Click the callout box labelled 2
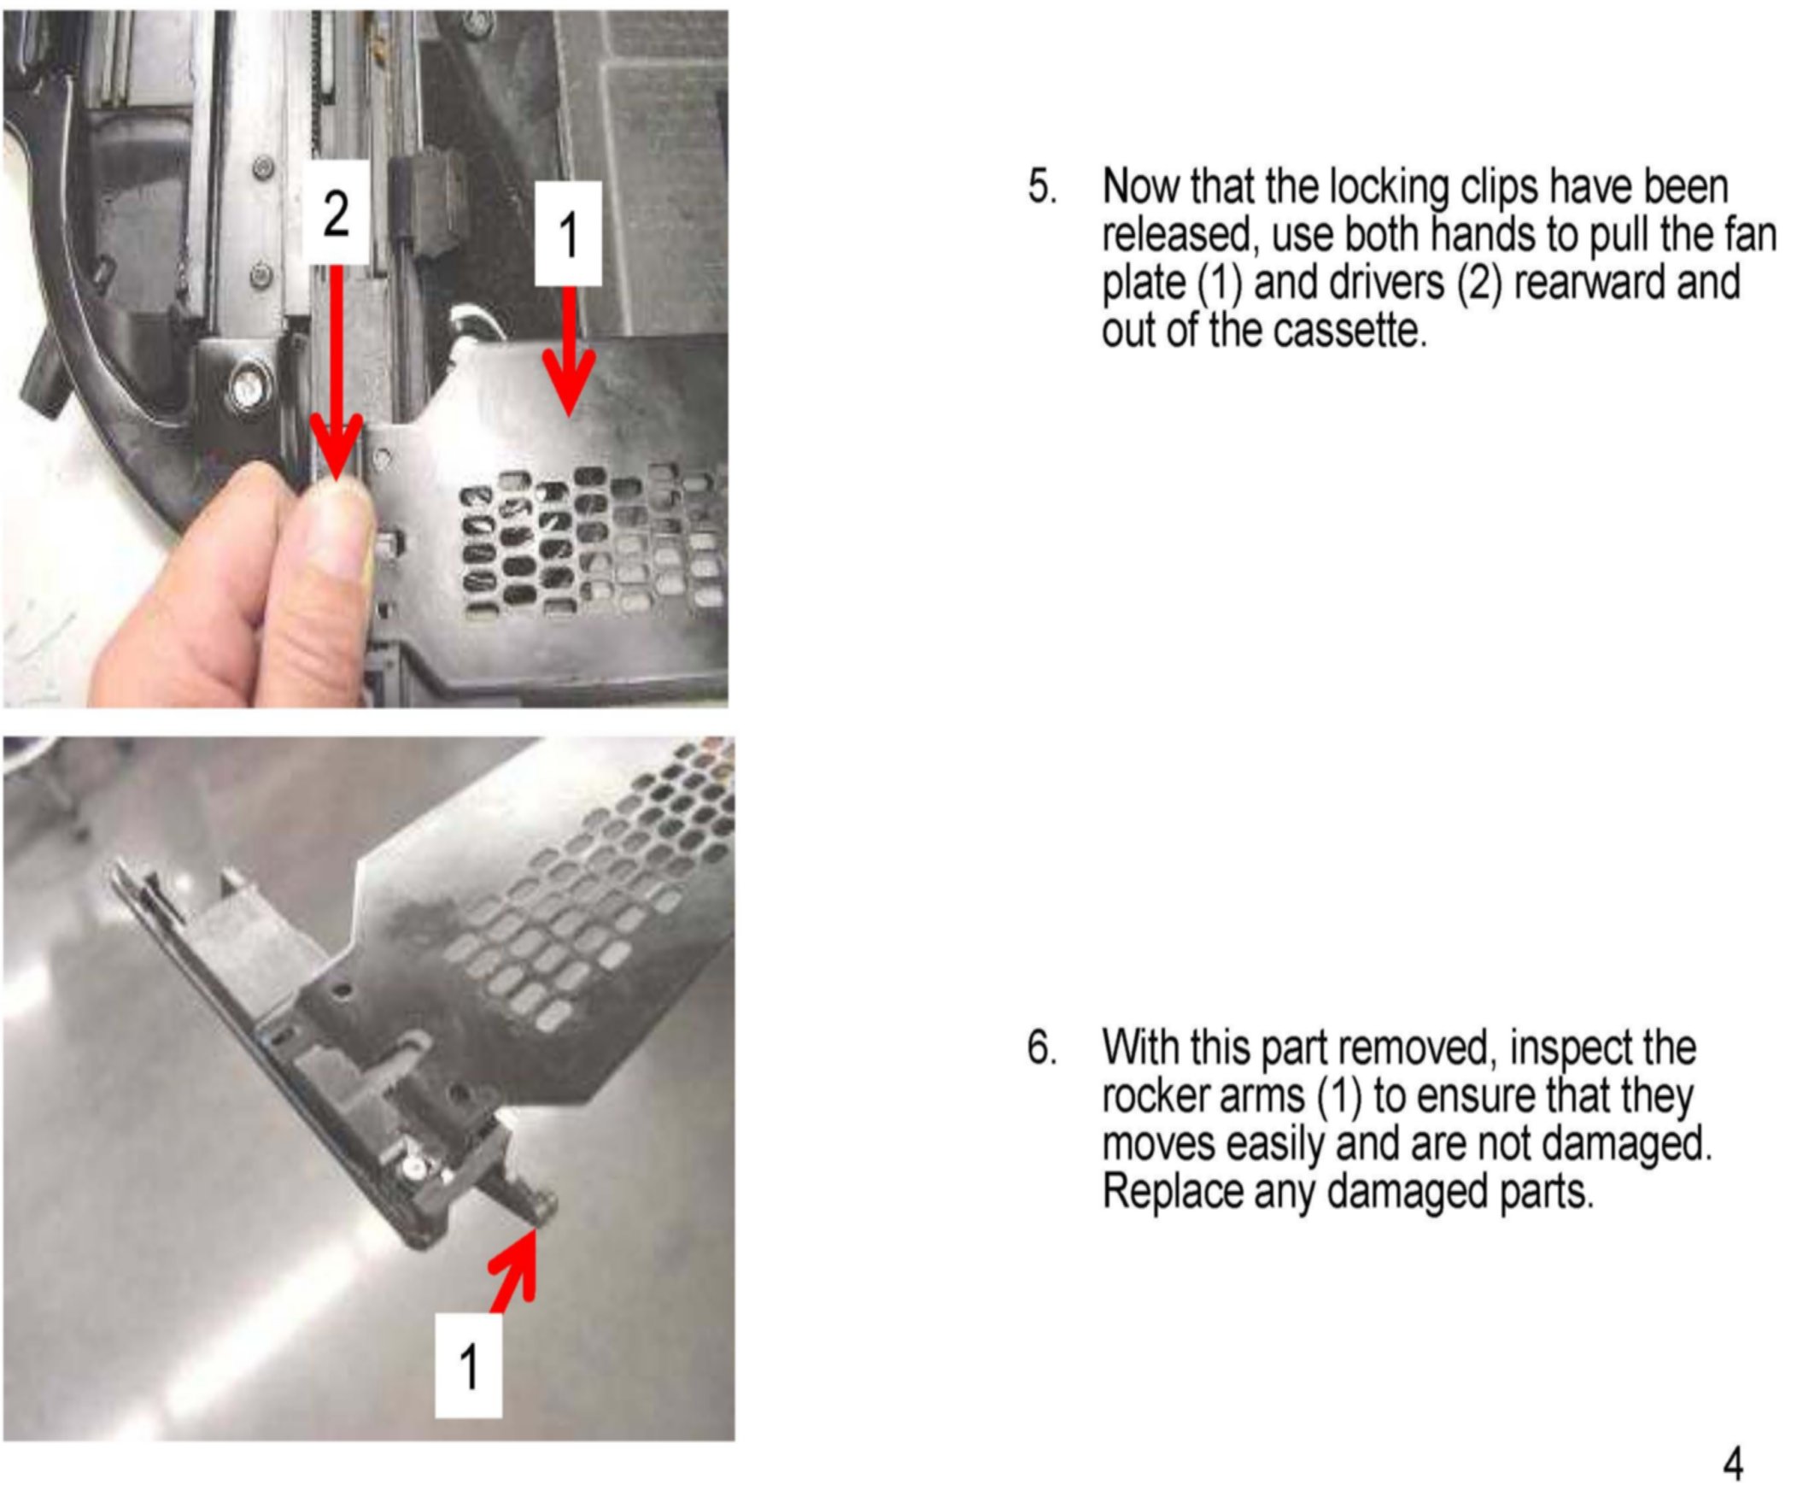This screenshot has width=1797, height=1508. [337, 212]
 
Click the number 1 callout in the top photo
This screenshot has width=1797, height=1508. [568, 233]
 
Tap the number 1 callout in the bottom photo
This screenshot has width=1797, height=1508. [469, 1366]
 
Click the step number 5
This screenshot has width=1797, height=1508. [1041, 186]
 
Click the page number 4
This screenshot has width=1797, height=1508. [1733, 1464]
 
